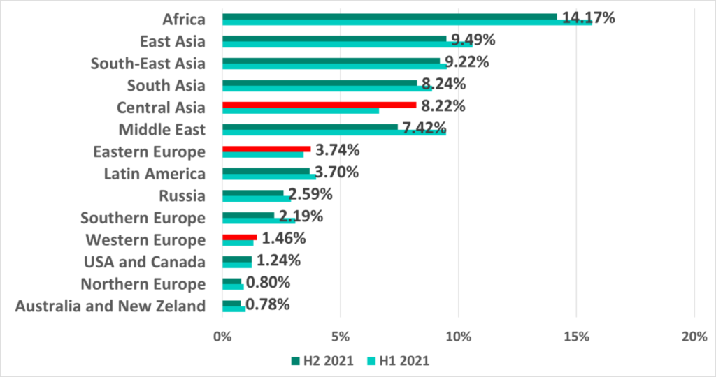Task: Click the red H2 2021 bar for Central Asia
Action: coord(319,105)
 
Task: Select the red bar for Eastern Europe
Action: coord(266,148)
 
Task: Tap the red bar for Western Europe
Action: coord(239,237)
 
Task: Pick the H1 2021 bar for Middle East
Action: coord(334,132)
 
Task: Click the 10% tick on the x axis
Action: coord(458,337)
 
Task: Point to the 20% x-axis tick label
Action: coord(693,337)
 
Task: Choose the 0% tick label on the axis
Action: coord(222,337)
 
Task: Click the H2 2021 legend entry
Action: coord(318,361)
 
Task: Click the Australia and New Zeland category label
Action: coord(110,306)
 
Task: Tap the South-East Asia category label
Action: coord(148,64)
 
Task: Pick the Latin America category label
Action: coord(155,174)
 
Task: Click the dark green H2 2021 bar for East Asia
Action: coord(334,39)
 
